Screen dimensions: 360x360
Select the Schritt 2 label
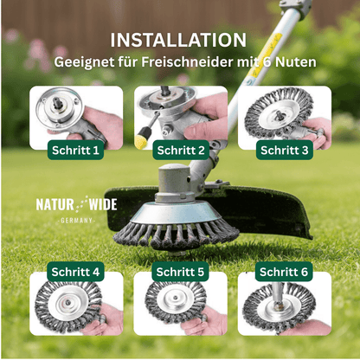click(181, 150)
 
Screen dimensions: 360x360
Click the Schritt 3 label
click(285, 150)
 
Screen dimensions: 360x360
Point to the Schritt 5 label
click(181, 272)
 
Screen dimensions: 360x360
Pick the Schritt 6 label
click(285, 272)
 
